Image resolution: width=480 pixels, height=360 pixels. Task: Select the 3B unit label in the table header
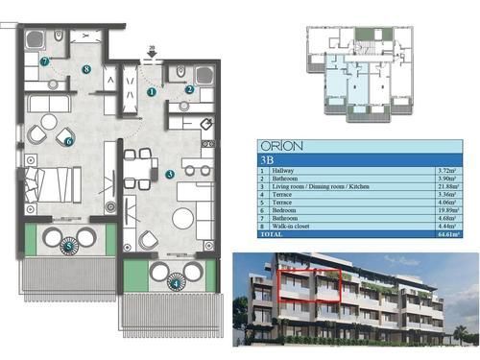pos(269,161)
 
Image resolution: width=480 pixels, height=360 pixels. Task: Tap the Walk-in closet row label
pos(290,225)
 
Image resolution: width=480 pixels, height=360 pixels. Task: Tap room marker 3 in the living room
pos(169,174)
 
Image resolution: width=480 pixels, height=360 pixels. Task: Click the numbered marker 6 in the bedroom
pos(69,141)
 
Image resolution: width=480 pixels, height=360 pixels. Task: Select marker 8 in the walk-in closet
pos(86,69)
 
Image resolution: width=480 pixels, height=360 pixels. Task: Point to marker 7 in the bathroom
pos(45,60)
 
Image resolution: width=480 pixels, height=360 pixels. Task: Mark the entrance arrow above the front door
pos(151,58)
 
